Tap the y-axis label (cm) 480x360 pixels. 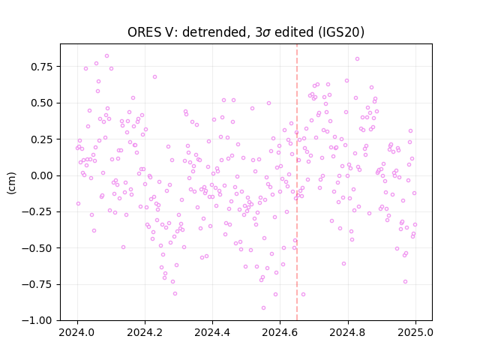[x=11, y=183]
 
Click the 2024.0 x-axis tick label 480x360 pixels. [x=77, y=332]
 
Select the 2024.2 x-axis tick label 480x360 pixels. [x=145, y=332]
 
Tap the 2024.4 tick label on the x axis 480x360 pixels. [x=212, y=332]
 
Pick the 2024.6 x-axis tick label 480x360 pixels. [x=280, y=332]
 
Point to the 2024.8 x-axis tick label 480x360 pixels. [x=348, y=332]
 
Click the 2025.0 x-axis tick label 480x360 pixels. [x=415, y=332]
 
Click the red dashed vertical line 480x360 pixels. [x=297, y=182]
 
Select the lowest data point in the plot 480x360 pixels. [x=263, y=308]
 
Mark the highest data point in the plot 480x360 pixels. [x=106, y=56]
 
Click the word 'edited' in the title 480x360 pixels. [x=294, y=32]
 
